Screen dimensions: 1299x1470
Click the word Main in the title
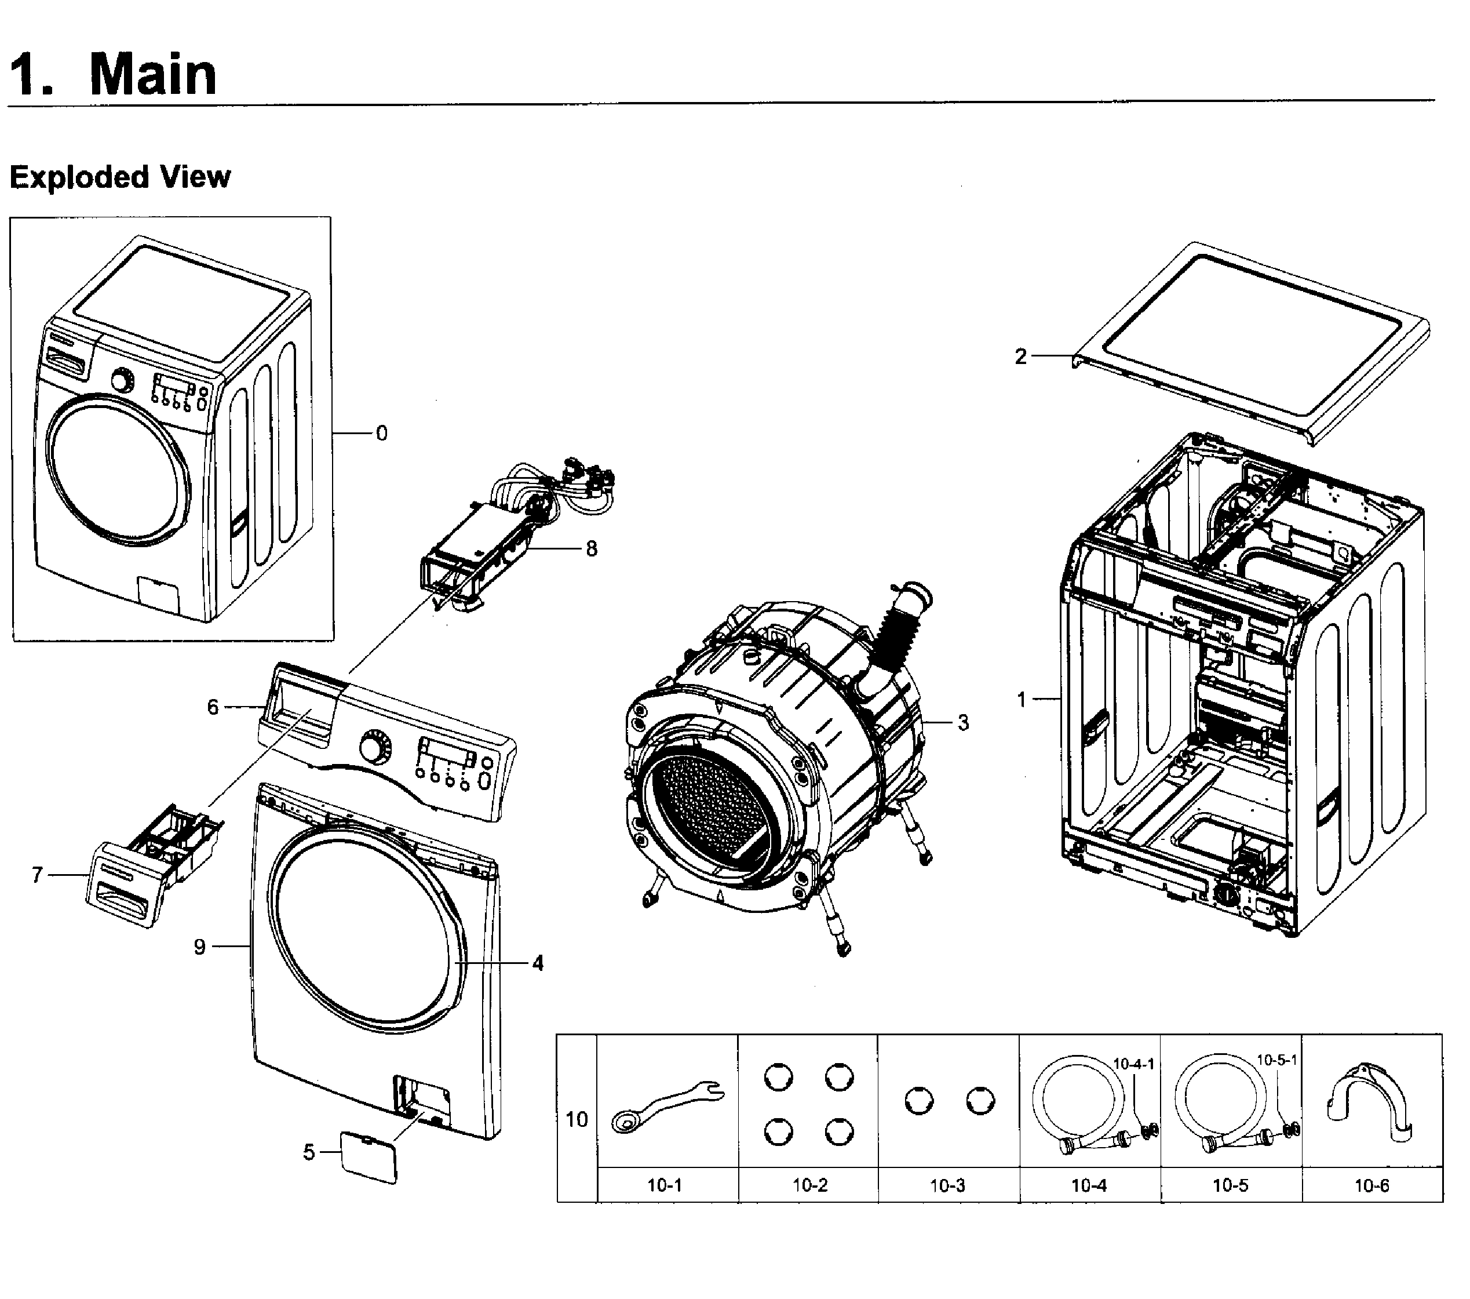pos(152,74)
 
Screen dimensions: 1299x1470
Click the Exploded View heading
pos(120,177)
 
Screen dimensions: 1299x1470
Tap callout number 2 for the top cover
pos(1020,356)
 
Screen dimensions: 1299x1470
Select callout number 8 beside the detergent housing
pos(591,549)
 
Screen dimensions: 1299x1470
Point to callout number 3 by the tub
pos(963,722)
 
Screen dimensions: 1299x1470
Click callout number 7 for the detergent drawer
pos(38,875)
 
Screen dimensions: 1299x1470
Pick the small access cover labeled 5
pos(367,1156)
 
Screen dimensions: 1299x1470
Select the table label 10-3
pos(947,1185)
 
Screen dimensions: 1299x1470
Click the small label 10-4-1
pos(1133,1064)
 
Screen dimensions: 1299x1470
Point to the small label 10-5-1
pos(1276,1060)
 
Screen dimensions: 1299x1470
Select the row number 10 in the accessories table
pos(577,1120)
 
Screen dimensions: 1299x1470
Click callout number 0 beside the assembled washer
pos(381,434)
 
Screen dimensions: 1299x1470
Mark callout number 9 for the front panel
pos(200,947)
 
